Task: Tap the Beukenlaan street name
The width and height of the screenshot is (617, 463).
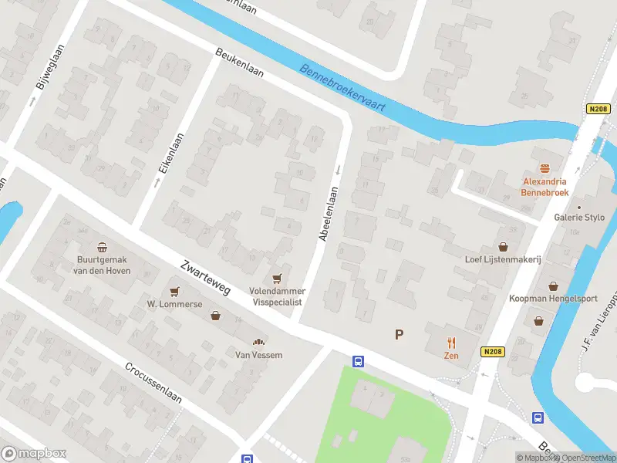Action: (239, 63)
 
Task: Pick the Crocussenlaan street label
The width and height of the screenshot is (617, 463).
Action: (153, 382)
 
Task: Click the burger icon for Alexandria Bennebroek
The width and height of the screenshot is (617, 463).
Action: (545, 167)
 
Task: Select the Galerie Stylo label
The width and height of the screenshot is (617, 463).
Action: (578, 218)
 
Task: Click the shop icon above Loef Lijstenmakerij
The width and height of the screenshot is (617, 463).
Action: (504, 246)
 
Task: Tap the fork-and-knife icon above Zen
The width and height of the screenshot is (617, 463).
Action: (451, 343)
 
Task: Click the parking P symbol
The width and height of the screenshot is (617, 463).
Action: (399, 334)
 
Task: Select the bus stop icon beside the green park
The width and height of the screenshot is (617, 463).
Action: (358, 361)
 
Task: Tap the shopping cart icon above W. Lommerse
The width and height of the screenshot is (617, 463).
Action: (174, 291)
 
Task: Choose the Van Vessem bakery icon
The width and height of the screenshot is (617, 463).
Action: (259, 342)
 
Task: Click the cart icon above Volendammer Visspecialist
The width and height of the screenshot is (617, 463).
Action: (277, 278)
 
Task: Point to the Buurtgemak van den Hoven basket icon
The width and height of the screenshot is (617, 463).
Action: (103, 246)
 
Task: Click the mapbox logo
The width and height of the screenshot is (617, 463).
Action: (34, 454)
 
